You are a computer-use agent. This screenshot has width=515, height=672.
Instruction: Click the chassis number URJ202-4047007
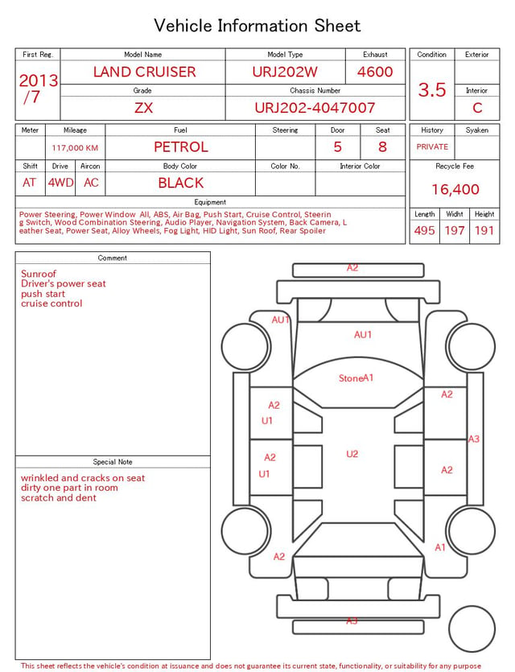315,108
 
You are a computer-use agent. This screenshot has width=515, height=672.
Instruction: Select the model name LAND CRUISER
144,72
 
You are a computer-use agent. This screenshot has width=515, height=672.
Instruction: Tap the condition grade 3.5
432,89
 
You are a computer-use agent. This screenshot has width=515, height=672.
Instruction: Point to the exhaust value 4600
375,72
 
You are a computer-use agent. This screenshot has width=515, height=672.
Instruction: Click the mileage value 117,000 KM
75,148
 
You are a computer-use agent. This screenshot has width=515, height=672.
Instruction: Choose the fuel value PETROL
181,147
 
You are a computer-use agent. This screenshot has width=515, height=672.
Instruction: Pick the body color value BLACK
181,183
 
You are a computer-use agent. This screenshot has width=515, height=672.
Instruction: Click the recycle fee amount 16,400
455,189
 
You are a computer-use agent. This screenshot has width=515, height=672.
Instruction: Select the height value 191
484,230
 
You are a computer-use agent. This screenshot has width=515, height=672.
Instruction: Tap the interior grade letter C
477,108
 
